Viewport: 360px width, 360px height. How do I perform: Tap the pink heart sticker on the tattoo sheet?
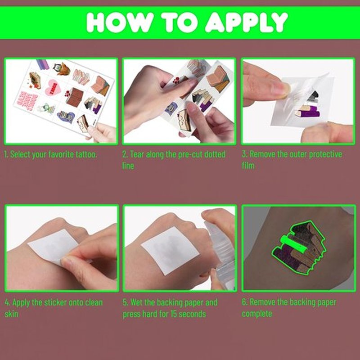tap(53, 88)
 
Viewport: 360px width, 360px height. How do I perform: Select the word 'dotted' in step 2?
tap(215, 154)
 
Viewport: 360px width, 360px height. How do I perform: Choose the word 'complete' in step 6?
tap(257, 314)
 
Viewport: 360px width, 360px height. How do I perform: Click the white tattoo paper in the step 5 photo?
tap(170, 250)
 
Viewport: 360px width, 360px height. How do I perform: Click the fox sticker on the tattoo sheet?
tap(62, 69)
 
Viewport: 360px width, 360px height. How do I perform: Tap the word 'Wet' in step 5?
tap(137, 302)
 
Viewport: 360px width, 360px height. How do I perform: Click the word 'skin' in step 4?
tap(11, 314)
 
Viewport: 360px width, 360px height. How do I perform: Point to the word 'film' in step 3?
tap(248, 166)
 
